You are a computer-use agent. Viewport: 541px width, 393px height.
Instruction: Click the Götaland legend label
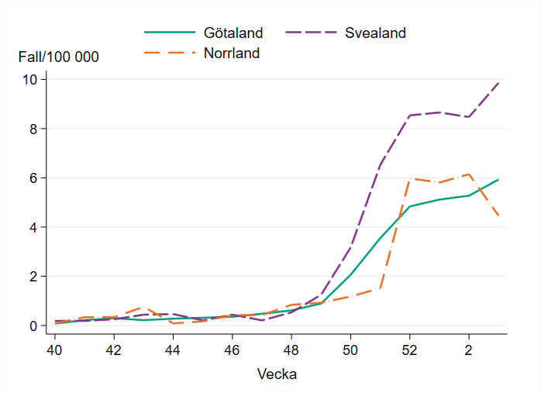tap(233, 33)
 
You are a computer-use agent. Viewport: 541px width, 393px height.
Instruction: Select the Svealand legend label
tap(375, 33)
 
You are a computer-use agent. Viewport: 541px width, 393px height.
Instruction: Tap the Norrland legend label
tap(232, 53)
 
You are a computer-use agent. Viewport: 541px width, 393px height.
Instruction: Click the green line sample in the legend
tap(169, 33)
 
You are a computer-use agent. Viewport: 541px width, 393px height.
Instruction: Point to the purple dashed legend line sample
tap(312, 33)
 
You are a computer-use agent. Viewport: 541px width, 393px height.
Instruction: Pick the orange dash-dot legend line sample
tap(169, 53)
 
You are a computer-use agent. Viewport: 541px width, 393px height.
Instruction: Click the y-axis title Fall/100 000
tap(59, 57)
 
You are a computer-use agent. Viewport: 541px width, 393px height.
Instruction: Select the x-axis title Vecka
tap(277, 374)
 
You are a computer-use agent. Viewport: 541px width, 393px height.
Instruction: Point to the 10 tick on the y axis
tap(35, 79)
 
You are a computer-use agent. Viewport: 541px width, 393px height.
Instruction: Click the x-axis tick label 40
tap(55, 349)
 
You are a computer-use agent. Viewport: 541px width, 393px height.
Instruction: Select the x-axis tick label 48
tap(291, 349)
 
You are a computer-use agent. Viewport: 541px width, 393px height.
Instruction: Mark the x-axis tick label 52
tap(409, 349)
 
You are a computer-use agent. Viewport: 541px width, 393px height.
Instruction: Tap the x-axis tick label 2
tap(468, 349)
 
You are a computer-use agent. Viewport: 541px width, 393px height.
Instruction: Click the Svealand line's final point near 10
tap(498, 82)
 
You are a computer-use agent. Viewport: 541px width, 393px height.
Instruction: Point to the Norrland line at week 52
tap(409, 178)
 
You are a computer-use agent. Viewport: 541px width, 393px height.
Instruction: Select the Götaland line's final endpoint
tap(498, 180)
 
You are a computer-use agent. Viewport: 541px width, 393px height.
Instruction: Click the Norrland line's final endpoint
tap(498, 216)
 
